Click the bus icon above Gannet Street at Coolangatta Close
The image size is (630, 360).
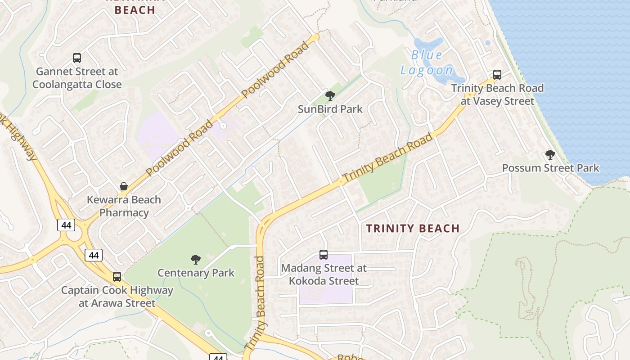coord(77,58)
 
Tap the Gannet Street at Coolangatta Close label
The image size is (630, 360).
coord(77,78)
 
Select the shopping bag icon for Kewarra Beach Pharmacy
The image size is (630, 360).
coord(124,186)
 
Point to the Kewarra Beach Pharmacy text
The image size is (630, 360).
coord(124,206)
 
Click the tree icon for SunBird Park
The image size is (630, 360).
coord(330,95)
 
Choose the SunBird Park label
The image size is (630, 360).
coord(330,109)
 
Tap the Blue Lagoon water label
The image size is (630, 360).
coord(427,63)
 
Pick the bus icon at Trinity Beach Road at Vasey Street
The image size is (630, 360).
coord(497,75)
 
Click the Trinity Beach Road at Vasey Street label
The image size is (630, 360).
coord(497,94)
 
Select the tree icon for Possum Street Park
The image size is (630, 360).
coord(550,155)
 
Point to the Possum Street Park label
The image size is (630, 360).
coord(550,168)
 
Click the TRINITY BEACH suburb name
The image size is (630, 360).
coord(413,228)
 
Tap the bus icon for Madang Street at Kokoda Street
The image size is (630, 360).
coord(324,255)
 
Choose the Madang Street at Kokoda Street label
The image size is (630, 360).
coord(324,274)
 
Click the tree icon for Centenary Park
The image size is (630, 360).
coord(195,259)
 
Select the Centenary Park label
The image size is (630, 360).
coord(196,273)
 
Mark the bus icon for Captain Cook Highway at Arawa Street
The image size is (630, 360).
coord(117,277)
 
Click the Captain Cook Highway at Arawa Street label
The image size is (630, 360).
coord(117,297)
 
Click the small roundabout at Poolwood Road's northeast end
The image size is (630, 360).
coord(315,37)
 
